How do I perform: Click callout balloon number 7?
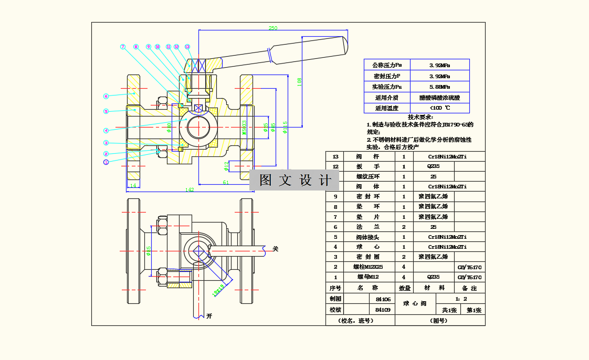pyautogui.click(x=123, y=47)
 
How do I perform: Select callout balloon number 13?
pyautogui.click(x=187, y=47)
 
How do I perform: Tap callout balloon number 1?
pyautogui.click(x=106, y=162)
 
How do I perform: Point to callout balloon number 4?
pyautogui.click(x=106, y=131)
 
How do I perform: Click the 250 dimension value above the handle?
pyautogui.click(x=273, y=28)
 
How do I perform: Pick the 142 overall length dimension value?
pyautogui.click(x=190, y=189)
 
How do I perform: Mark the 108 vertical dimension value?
pyautogui.click(x=300, y=82)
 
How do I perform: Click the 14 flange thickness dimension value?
pyautogui.click(x=133, y=185)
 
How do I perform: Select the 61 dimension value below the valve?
pyautogui.click(x=226, y=182)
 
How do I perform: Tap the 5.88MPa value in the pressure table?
pyautogui.click(x=439, y=87)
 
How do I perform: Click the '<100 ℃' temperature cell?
pyautogui.click(x=439, y=108)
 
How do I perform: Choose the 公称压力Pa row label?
pyautogui.click(x=387, y=65)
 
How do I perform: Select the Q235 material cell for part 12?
pyautogui.click(x=434, y=166)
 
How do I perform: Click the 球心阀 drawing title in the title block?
pyautogui.click(x=415, y=303)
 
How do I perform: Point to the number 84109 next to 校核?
pyautogui.click(x=383, y=310)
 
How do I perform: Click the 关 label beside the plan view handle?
pyautogui.click(x=275, y=249)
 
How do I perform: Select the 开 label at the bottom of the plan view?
pyautogui.click(x=209, y=316)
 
